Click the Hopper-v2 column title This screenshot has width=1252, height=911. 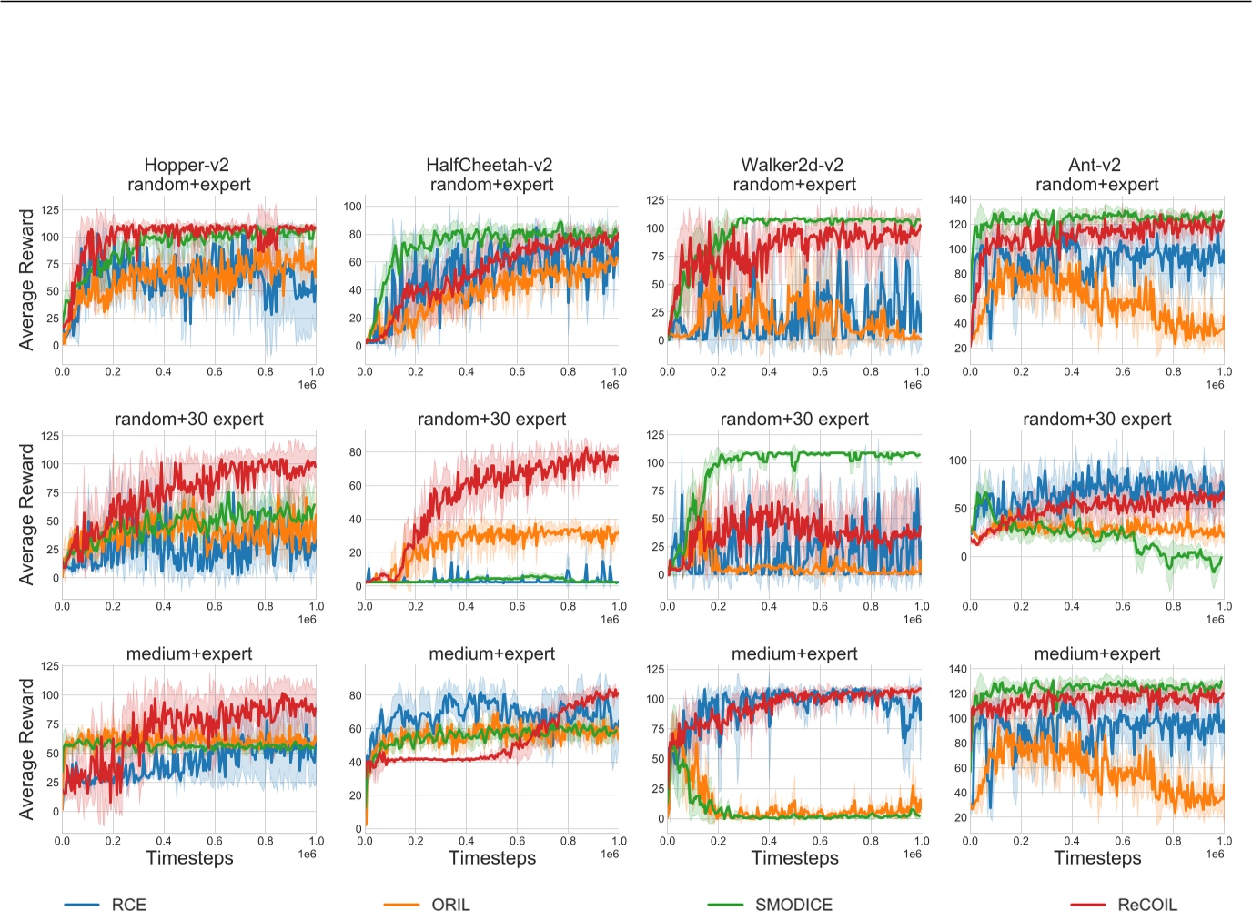click(x=187, y=165)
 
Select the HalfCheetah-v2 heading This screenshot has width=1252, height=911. click(x=490, y=165)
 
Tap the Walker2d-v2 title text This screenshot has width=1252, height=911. click(x=793, y=165)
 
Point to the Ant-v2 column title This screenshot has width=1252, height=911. click(x=1095, y=165)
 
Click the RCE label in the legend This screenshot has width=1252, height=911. click(x=129, y=904)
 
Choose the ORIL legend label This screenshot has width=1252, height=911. click(x=450, y=904)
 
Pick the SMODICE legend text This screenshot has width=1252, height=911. click(x=793, y=904)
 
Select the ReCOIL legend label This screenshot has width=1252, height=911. click(x=1146, y=904)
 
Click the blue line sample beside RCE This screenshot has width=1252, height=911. click(x=82, y=905)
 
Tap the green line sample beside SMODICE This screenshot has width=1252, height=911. click(x=725, y=905)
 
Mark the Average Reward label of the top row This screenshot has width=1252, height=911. click(x=27, y=279)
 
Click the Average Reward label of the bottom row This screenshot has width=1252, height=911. click(x=27, y=749)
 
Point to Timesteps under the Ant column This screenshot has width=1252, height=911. click(x=1097, y=858)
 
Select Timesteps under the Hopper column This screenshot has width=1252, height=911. click(x=189, y=858)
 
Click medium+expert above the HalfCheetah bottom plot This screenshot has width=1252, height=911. click(x=491, y=653)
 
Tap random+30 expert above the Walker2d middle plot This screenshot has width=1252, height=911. click(x=794, y=419)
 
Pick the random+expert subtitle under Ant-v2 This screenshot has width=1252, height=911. click(x=1097, y=184)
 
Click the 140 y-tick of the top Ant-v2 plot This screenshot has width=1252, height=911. click(x=957, y=199)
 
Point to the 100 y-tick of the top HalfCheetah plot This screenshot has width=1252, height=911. click(x=352, y=206)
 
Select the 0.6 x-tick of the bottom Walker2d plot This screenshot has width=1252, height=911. click(x=820, y=841)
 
